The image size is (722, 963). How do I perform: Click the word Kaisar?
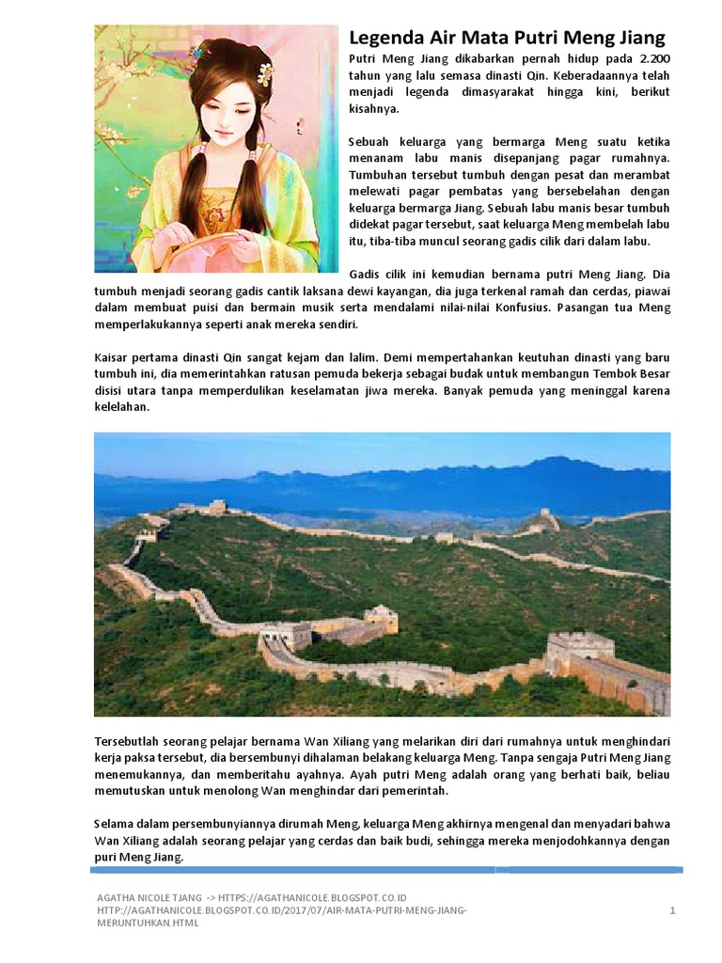click(x=113, y=358)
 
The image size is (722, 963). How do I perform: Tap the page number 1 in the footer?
click(x=673, y=910)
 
